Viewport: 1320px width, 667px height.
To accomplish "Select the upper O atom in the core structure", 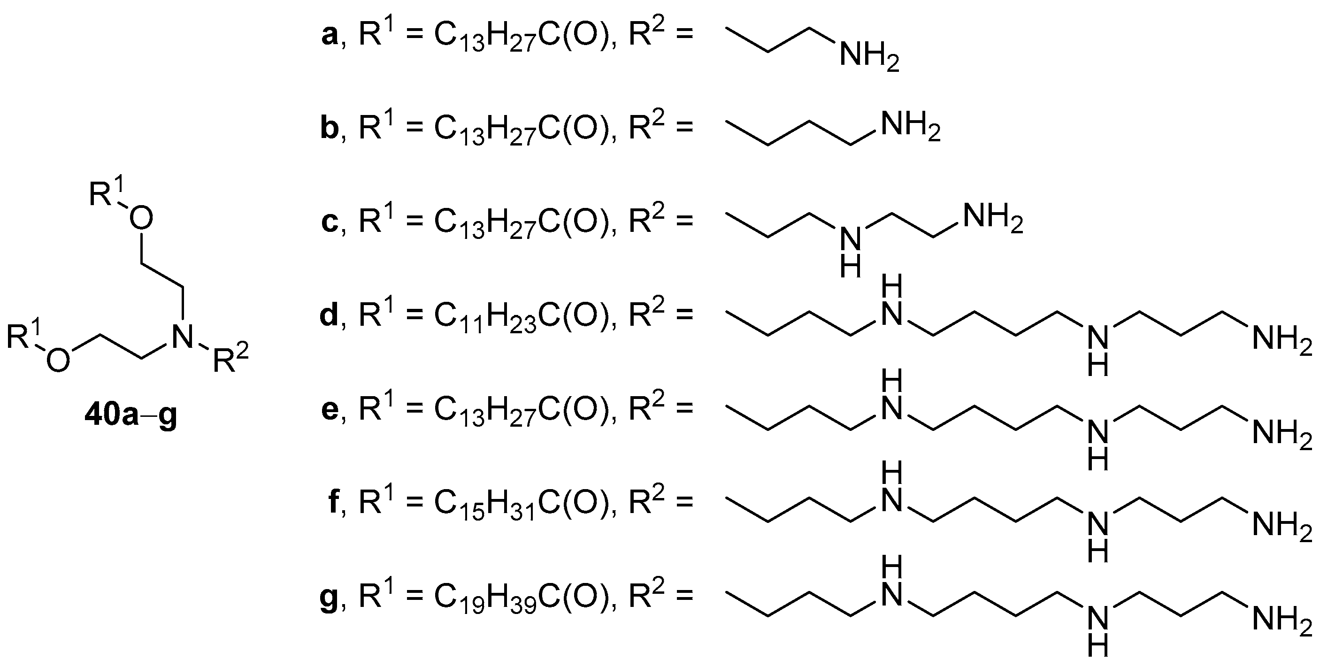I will coord(141,219).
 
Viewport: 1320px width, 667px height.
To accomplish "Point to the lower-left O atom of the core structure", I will coord(58,360).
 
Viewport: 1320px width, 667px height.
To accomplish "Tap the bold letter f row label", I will coord(333,502).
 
